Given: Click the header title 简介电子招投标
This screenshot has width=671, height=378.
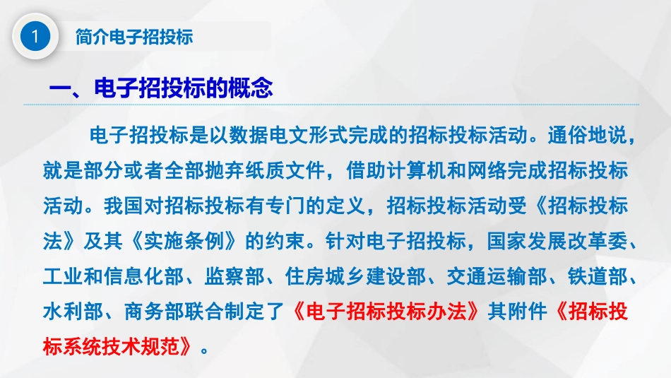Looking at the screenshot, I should [133, 37].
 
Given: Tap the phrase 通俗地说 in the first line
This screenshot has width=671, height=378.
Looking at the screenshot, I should [578, 135].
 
